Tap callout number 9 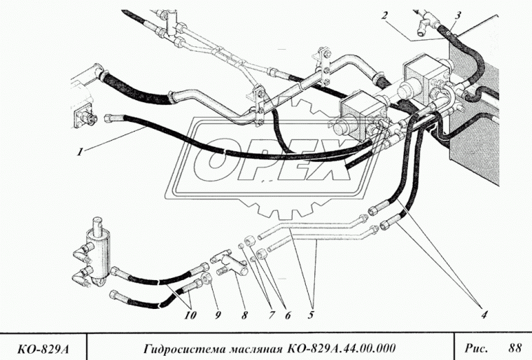coord(216,314)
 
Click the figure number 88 coord(515,347)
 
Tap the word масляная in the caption coord(253,348)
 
